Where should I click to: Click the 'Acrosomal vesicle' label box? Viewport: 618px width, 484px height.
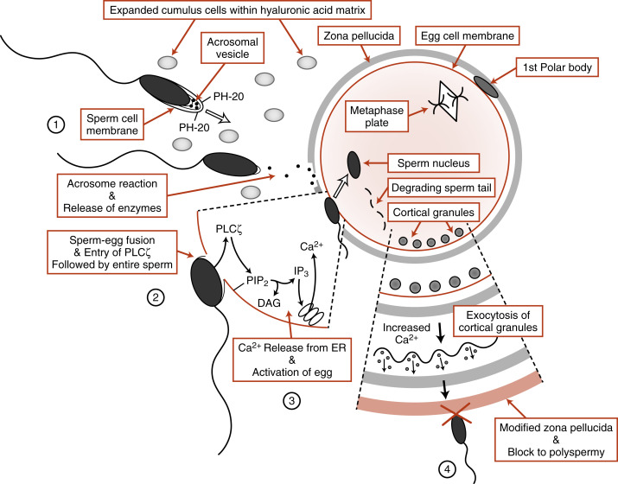pyautogui.click(x=225, y=52)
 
